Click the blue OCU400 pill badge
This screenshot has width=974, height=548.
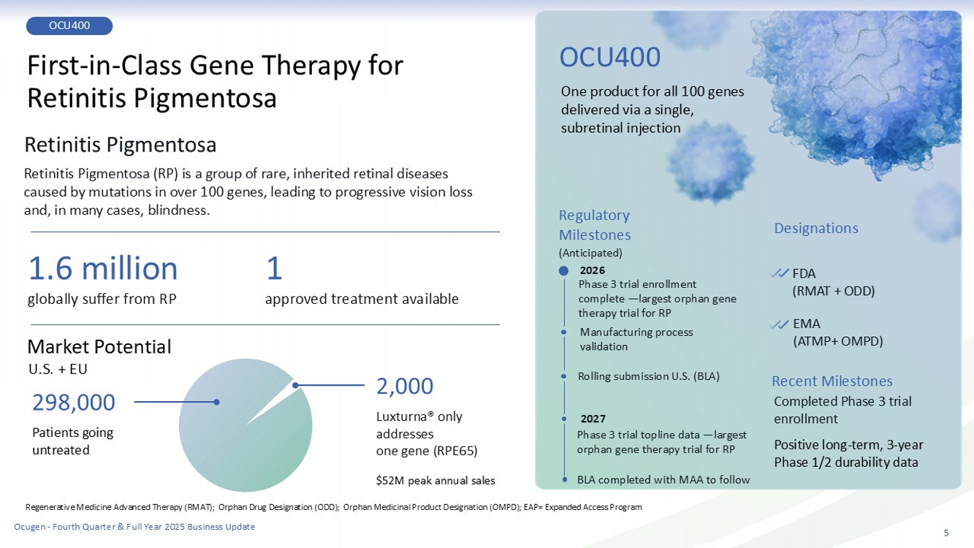click(69, 26)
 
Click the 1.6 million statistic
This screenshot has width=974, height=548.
click(103, 268)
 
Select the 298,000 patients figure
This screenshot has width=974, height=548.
click(74, 403)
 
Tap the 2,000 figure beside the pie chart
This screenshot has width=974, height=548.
click(404, 386)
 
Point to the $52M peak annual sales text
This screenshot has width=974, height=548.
click(435, 481)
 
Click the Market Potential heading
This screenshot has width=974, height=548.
click(99, 347)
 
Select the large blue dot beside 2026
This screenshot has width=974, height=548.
click(563, 270)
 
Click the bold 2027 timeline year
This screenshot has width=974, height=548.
click(593, 419)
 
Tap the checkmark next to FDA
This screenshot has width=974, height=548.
click(779, 273)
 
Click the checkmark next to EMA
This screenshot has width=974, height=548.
click(779, 324)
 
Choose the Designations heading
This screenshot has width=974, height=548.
click(816, 228)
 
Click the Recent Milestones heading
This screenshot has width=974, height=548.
click(832, 381)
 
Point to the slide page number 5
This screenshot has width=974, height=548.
click(946, 533)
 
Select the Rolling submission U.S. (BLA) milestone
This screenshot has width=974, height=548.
click(648, 376)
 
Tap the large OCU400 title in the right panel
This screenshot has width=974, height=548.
click(609, 57)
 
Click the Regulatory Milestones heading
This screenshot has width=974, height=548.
click(594, 225)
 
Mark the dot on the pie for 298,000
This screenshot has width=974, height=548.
click(216, 402)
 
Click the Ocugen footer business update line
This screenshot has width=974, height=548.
click(134, 527)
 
